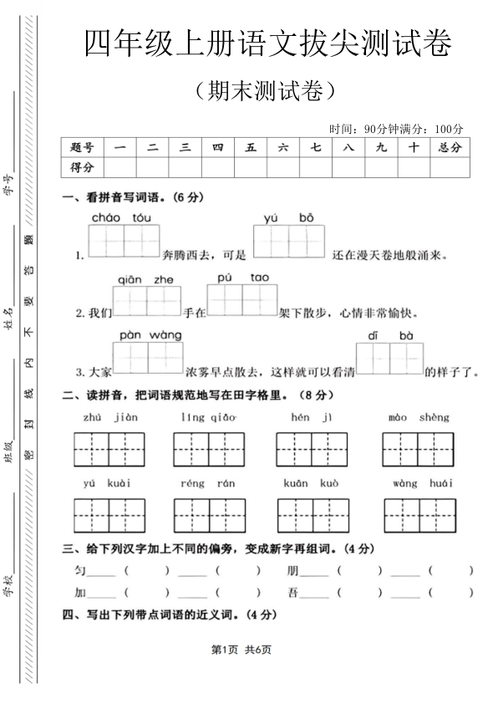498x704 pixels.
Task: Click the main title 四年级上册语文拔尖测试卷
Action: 267,43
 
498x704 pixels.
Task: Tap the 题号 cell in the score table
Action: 83,147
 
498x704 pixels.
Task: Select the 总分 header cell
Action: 449,147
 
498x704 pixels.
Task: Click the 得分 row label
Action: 83,167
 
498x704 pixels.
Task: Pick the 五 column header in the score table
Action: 251,147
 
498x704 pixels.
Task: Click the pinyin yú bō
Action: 288,217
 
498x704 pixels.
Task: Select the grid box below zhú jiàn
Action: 109,450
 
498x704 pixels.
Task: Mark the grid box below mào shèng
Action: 419,450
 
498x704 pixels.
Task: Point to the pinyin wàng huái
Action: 424,483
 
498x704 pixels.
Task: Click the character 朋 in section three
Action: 292,570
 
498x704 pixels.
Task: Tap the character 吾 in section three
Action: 292,593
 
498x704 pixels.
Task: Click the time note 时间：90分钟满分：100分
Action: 395,128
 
